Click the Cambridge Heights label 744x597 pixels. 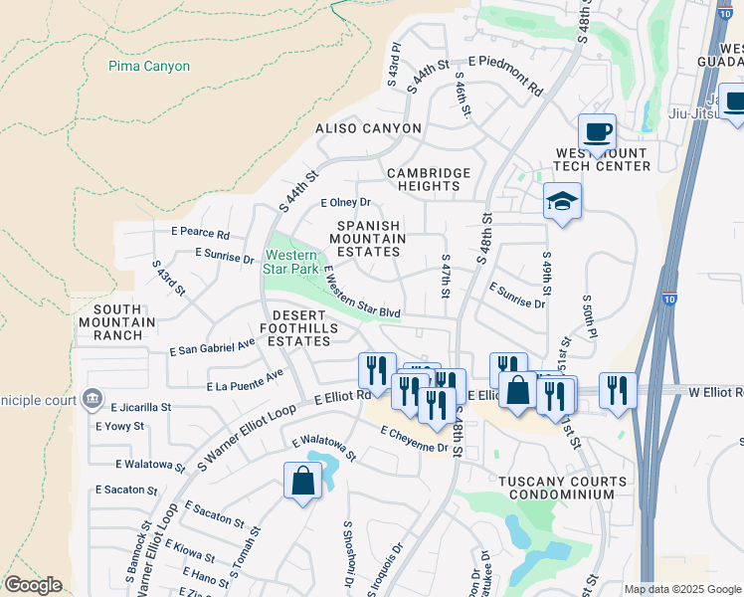[x=429, y=179]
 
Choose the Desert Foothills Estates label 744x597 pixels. [x=301, y=328]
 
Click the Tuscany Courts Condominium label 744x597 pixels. [x=563, y=488]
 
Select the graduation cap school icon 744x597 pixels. [x=562, y=202]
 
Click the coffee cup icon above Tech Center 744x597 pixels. [x=597, y=132]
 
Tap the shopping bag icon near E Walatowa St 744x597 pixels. [x=302, y=482]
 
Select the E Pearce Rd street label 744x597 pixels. [x=200, y=234]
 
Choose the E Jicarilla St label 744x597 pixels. [x=141, y=407]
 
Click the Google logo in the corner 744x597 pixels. [x=33, y=585]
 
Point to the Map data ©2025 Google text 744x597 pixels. [x=681, y=589]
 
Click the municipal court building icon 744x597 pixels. [x=93, y=399]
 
